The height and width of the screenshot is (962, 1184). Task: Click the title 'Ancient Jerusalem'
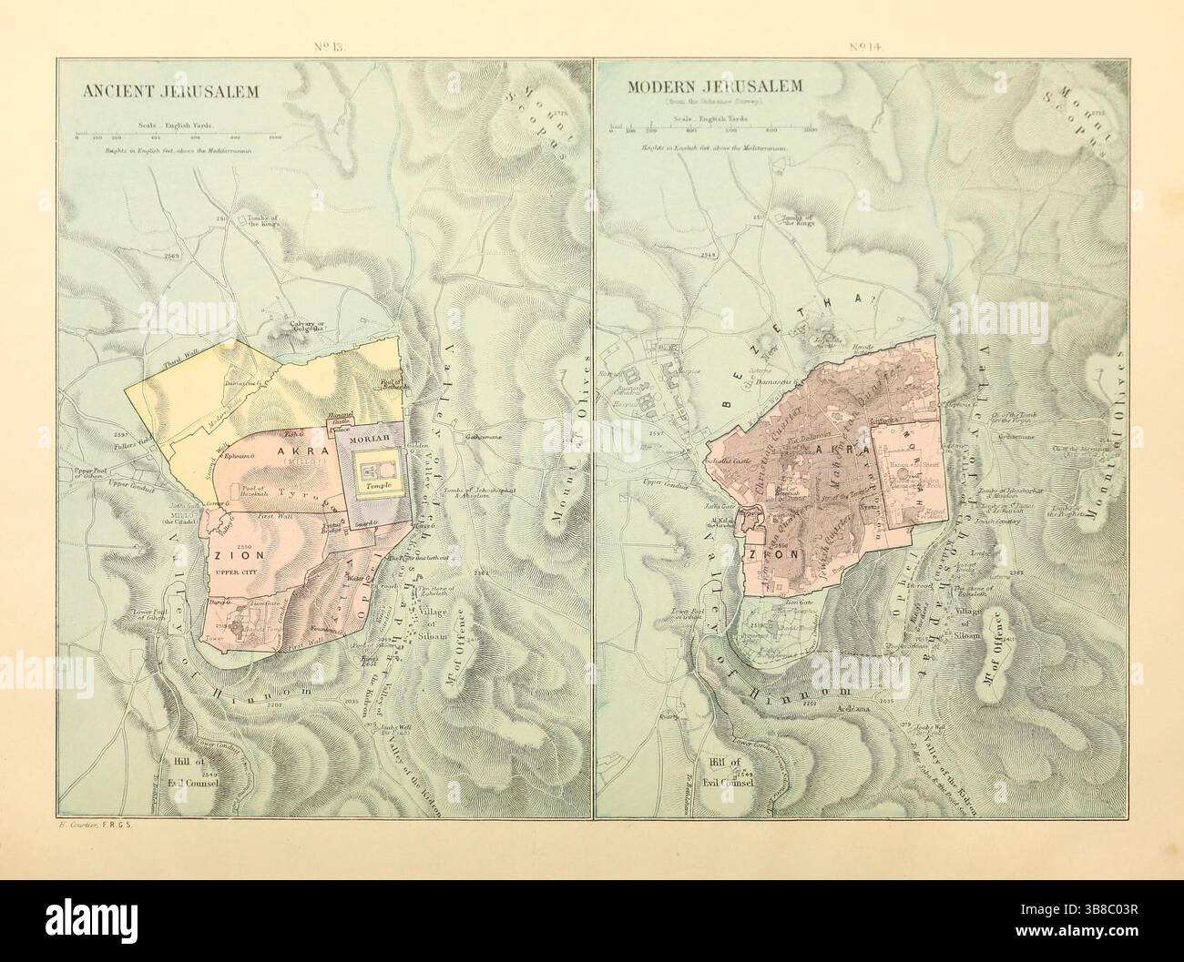171,92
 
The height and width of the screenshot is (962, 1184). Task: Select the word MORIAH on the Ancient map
369,440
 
